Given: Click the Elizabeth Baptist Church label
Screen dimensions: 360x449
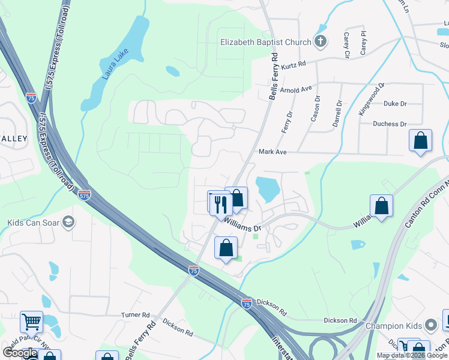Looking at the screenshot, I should [x=265, y=42].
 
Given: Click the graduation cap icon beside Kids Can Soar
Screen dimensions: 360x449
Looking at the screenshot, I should [x=68, y=223].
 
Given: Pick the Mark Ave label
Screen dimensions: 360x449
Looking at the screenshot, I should [x=273, y=152].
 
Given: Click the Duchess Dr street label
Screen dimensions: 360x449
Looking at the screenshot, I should [x=389, y=124].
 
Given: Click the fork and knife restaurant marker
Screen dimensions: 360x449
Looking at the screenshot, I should [x=221, y=204].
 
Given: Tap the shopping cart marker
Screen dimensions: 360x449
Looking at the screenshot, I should [x=31, y=322].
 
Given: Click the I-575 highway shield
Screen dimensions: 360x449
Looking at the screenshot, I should [x=85, y=195].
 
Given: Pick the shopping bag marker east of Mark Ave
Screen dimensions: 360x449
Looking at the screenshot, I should [x=421, y=142].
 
